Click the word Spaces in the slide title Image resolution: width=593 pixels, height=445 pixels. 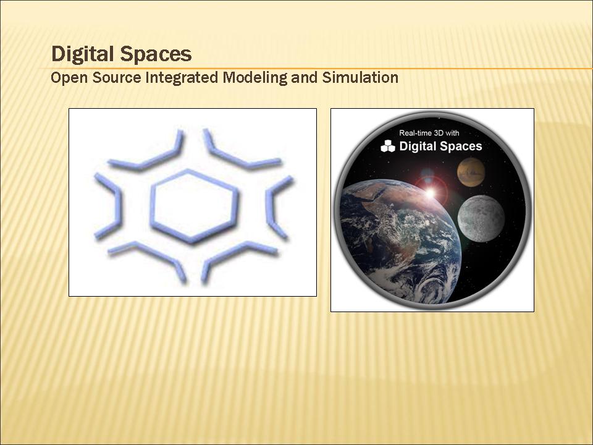156,55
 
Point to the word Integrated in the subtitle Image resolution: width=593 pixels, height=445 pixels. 182,78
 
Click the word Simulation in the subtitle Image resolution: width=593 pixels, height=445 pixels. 360,77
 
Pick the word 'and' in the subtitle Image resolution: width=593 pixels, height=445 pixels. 305,77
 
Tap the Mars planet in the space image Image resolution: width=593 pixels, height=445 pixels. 471,172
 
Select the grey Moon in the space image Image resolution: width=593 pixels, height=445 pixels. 481,218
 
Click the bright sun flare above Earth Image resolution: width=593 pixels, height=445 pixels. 430,193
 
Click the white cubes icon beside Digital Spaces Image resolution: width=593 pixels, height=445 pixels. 388,146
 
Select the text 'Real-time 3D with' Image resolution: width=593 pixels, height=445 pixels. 429,133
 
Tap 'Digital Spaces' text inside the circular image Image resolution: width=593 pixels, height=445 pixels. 440,146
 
